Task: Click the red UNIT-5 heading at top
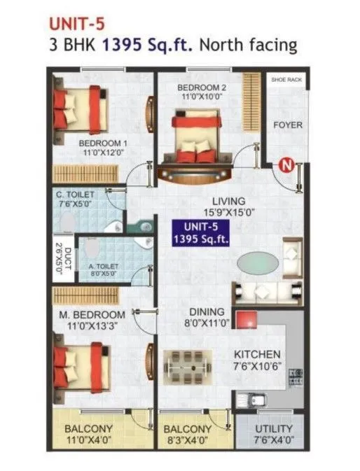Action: pos(76,22)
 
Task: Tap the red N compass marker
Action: pos(285,166)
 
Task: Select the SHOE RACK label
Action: pos(286,80)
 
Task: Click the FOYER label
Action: pos(287,125)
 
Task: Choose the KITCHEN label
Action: pos(258,355)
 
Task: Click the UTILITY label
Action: pos(269,428)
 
